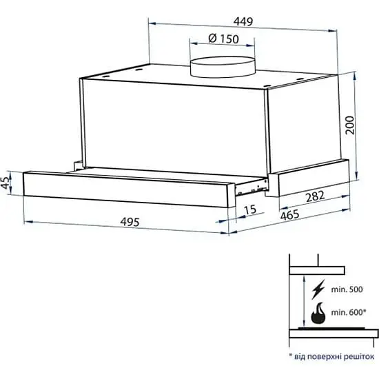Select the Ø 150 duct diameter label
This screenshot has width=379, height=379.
click(x=223, y=39)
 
